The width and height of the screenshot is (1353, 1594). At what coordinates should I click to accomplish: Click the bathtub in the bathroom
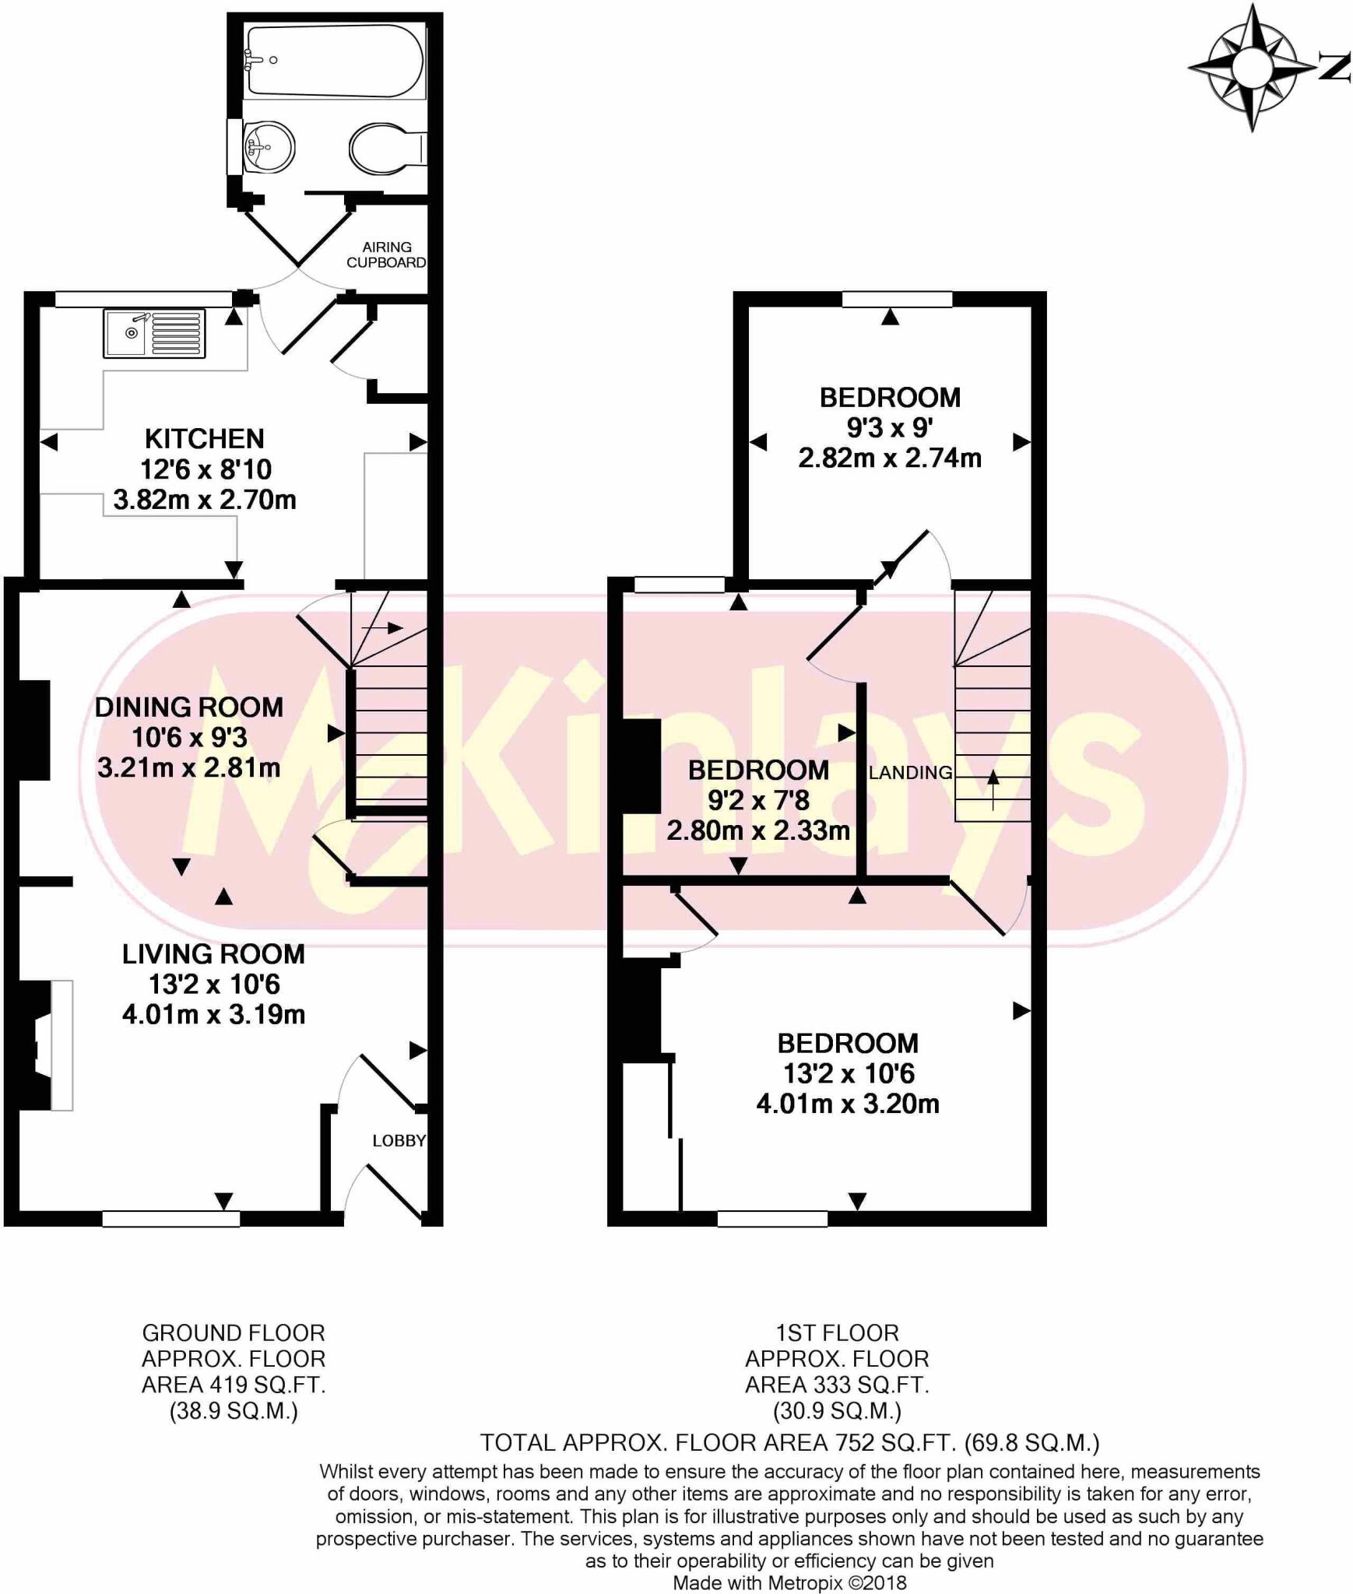335,61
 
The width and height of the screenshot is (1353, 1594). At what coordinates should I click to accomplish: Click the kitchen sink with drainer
154,333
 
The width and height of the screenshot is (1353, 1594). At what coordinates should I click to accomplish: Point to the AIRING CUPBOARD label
386,255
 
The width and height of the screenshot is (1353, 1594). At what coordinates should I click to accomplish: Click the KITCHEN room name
205,439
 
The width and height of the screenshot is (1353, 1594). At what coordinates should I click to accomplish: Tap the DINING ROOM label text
189,707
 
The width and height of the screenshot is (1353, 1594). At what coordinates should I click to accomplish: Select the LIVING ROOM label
213,954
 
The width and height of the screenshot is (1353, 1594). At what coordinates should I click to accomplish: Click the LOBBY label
399,1141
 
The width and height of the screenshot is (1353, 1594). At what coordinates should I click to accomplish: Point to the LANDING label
910,773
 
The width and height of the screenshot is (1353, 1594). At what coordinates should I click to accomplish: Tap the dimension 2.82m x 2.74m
890,458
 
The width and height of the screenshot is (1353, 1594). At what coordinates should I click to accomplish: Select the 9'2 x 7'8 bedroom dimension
758,800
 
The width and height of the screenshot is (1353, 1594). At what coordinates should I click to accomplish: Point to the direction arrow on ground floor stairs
383,627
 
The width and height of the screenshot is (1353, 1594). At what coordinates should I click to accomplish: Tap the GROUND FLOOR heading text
233,1332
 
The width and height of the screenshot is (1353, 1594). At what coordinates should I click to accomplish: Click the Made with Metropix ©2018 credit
789,1582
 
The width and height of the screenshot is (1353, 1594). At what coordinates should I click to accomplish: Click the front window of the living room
171,1219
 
